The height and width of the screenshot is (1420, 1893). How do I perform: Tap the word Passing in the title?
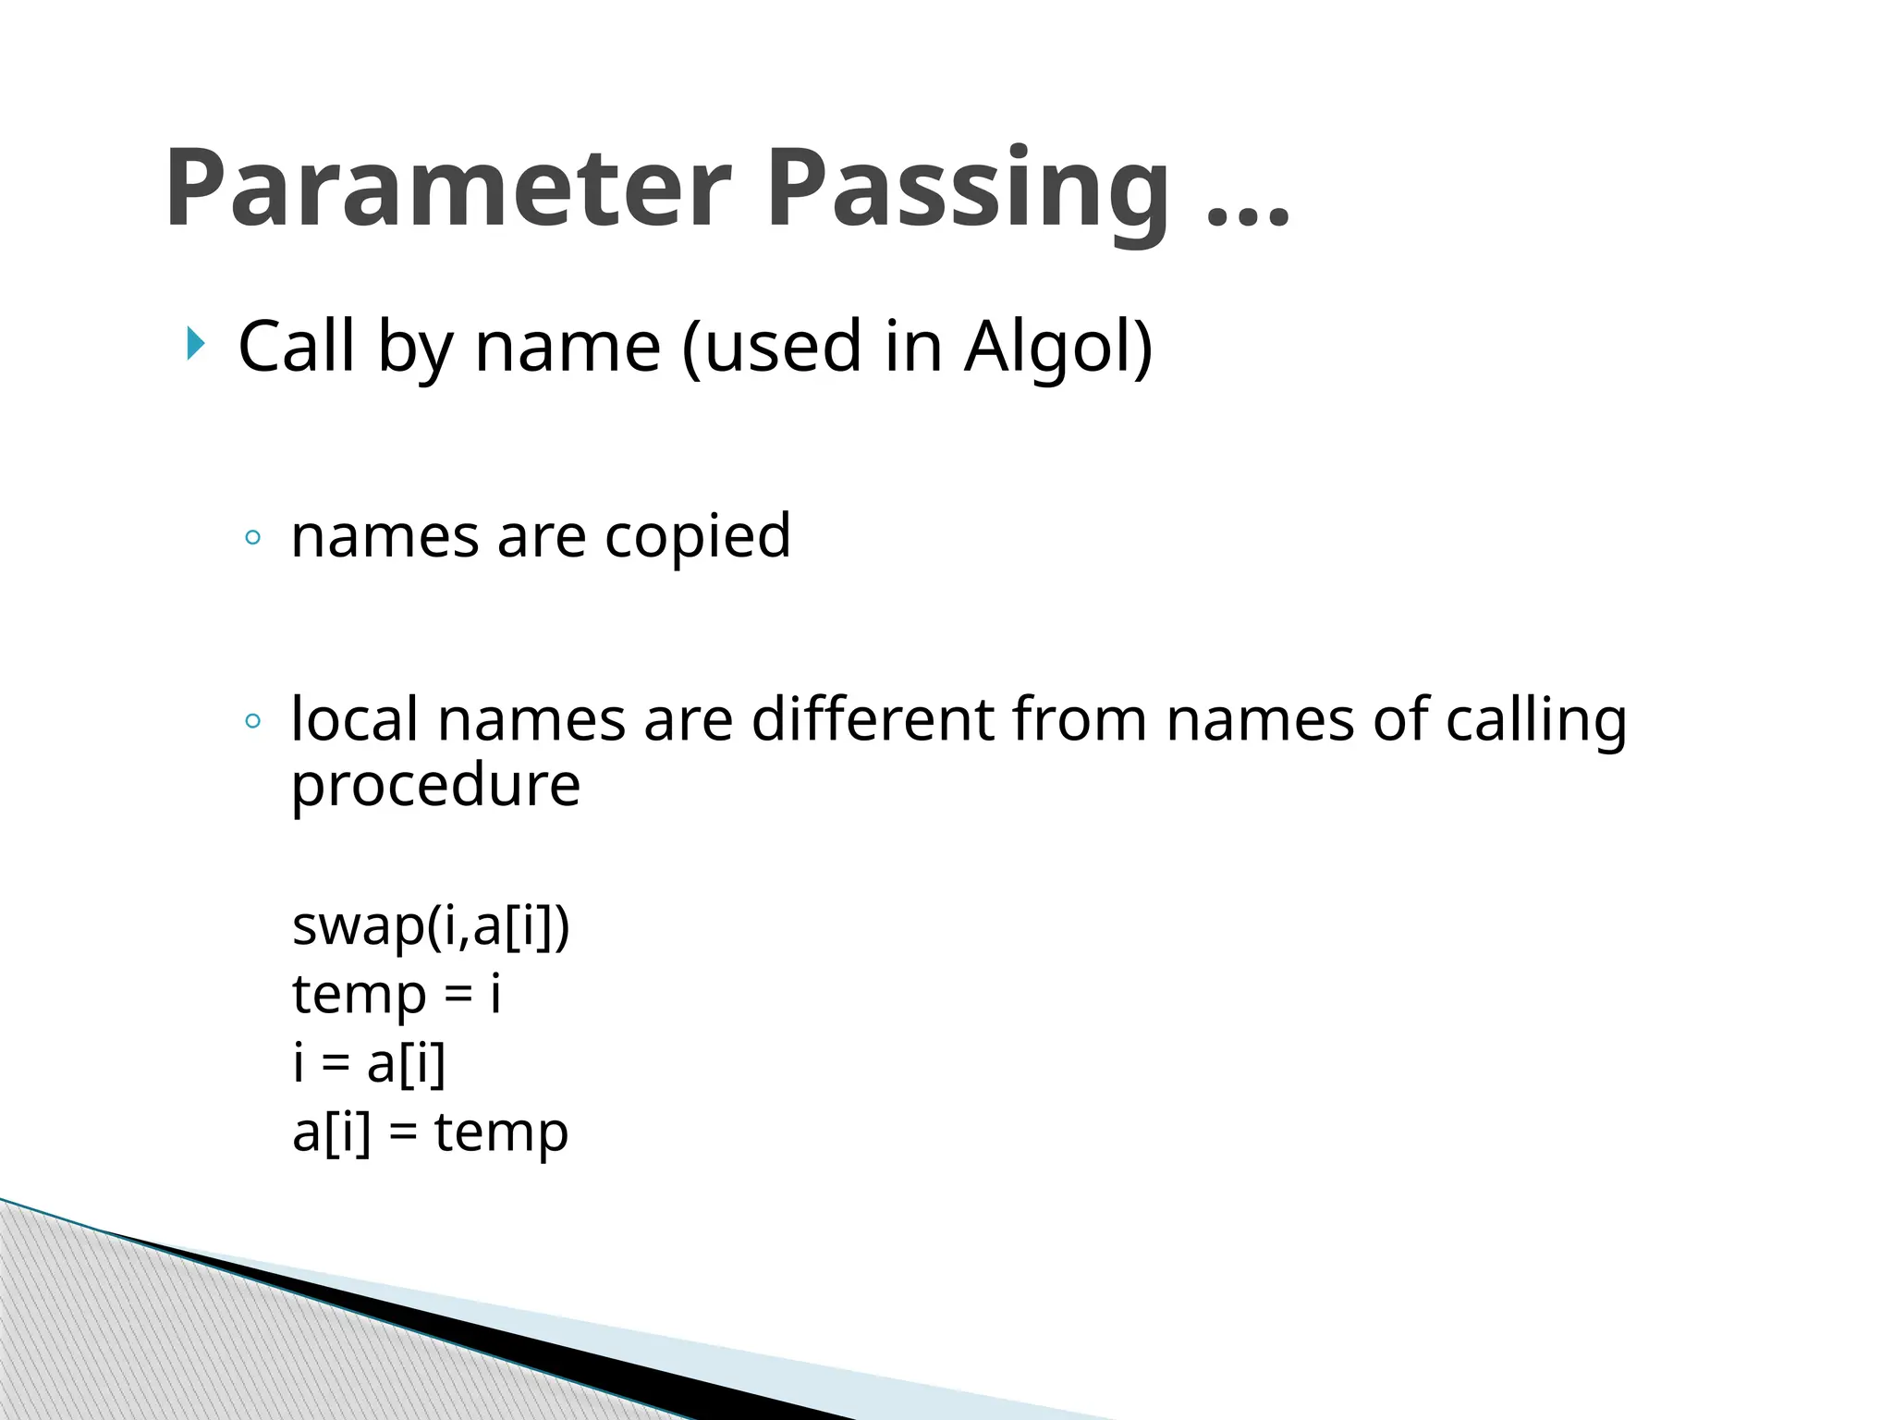[x=968, y=190]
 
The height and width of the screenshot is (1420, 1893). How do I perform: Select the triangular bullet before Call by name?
[x=194, y=344]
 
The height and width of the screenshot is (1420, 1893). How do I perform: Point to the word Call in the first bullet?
[x=297, y=347]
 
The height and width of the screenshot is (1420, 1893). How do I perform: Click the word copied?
[x=698, y=536]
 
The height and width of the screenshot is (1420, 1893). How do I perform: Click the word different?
[x=873, y=719]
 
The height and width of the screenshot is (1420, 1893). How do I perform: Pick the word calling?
[x=1535, y=721]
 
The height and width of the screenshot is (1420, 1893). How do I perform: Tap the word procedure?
[x=435, y=787]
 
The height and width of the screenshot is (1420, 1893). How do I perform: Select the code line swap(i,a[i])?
[x=431, y=925]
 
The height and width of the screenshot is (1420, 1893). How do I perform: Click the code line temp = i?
[x=397, y=995]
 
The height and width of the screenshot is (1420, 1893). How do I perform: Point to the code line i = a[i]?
[x=369, y=1063]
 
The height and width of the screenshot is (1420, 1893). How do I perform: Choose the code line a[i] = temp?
[x=430, y=1132]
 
